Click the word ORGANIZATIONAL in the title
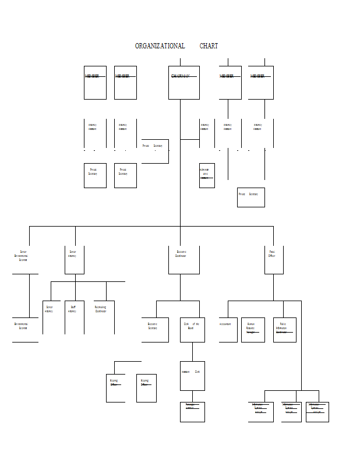[160, 46]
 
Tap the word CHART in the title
[209, 46]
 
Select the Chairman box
[184, 82]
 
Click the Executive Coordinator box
[184, 259]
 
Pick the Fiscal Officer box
[274, 259]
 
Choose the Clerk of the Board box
[192, 330]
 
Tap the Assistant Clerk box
[192, 376]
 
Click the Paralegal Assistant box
[192, 411]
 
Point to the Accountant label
[225, 324]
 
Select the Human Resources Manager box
[253, 330]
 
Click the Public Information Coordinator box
[284, 330]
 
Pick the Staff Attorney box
[74, 317]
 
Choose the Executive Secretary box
[155, 330]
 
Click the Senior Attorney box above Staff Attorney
[74, 259]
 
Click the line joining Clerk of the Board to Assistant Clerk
[192, 352]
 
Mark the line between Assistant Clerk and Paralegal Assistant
[192, 396]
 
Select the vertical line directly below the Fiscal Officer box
[274, 287]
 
